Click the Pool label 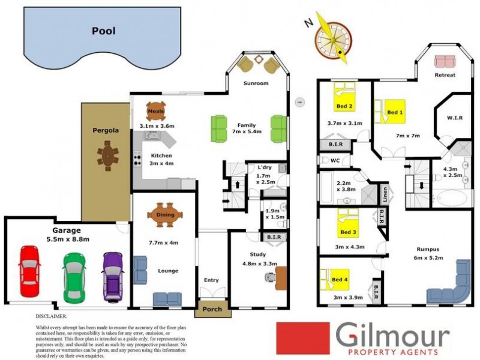coord(104,31)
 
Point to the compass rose coord(331,41)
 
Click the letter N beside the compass coord(308,23)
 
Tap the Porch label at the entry coord(212,310)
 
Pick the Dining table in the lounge coord(166,215)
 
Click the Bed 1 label coord(395,112)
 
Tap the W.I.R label coord(453,118)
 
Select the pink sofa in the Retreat coord(445,61)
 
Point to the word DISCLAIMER coord(52,315)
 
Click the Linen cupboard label coord(385,196)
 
